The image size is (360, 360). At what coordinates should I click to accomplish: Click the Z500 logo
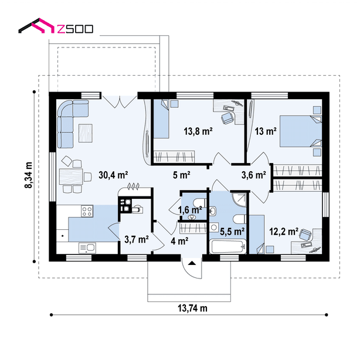tap(56, 26)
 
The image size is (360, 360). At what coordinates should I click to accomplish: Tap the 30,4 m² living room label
tap(113, 175)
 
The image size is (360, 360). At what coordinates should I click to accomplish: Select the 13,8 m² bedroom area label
tap(198, 131)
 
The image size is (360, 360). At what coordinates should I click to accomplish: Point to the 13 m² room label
tap(266, 131)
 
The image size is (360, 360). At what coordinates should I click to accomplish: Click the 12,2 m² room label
tap(284, 232)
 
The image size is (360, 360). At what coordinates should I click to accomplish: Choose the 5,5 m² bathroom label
tap(232, 232)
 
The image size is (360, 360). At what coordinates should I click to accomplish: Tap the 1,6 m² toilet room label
tap(190, 210)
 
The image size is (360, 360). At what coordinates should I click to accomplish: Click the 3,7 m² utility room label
tap(137, 239)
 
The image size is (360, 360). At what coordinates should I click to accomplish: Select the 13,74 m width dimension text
tap(192, 308)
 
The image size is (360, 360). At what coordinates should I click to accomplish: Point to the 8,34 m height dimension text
tap(29, 175)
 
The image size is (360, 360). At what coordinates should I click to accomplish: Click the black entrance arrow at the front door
tap(192, 263)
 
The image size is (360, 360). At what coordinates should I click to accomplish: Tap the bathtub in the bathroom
tap(227, 247)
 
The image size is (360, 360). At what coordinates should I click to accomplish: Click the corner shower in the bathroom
tap(240, 199)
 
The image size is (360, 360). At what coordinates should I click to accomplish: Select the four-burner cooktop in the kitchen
tap(87, 211)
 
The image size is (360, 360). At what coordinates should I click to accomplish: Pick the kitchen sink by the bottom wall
tap(87, 248)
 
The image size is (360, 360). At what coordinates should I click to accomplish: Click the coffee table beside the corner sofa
tap(86, 133)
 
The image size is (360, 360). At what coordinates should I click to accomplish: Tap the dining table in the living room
tap(71, 176)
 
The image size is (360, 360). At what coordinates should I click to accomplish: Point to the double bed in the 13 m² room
tap(301, 131)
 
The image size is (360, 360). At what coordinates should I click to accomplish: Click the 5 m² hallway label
tap(181, 175)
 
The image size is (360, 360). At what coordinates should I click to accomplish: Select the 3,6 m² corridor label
tap(254, 175)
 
